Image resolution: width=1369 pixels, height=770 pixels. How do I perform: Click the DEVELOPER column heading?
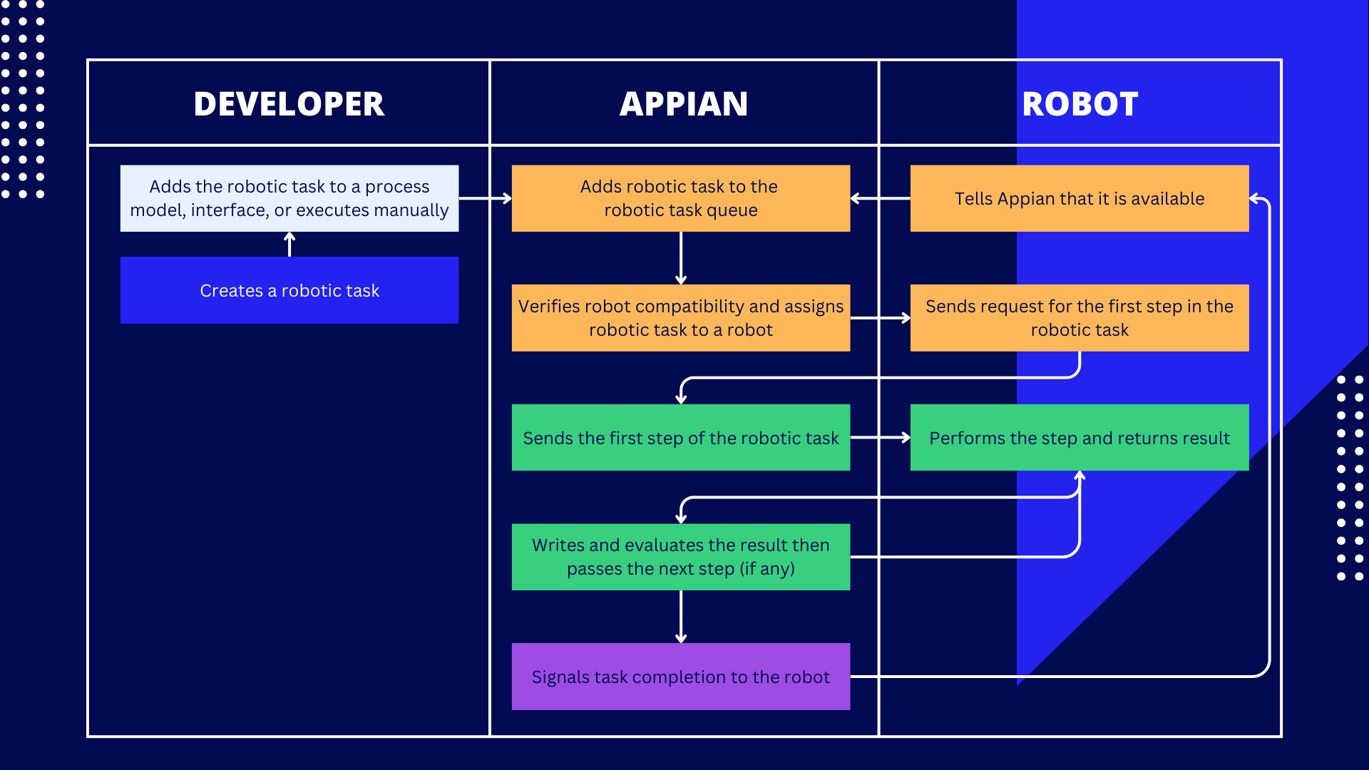coord(289,104)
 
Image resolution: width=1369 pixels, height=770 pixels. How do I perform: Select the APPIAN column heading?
coord(683,104)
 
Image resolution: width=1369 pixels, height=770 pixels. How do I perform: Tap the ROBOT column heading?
coord(1080,104)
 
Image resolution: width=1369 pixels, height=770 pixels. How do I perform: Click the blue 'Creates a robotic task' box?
coord(289,290)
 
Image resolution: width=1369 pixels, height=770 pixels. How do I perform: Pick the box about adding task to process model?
coord(289,198)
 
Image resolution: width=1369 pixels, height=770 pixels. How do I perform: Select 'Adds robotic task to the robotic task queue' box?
coord(680,198)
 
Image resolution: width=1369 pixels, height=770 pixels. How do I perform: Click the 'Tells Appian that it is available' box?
coord(1079,198)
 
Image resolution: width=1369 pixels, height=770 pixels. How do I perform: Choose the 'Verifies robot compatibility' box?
coord(680,318)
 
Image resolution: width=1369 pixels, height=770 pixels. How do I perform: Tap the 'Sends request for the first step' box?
coord(1079,318)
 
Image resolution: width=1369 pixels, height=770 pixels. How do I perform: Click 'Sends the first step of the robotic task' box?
coord(680,438)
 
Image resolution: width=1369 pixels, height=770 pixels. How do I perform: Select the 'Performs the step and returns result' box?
coord(1079,438)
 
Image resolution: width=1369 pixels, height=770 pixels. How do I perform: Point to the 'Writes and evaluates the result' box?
coord(680,557)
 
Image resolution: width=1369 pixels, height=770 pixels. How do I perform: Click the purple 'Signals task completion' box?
coord(680,677)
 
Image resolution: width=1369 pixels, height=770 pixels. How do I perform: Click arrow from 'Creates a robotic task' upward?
coord(289,245)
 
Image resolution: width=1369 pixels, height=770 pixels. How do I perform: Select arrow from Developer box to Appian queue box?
coord(485,198)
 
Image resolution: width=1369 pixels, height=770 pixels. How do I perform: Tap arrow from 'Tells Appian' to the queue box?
coord(880,198)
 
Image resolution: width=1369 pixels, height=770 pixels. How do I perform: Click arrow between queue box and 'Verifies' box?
coord(681,258)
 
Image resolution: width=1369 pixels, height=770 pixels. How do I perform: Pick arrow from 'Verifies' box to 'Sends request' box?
coord(880,318)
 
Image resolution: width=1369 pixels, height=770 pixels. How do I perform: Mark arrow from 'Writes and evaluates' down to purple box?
coord(681,617)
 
